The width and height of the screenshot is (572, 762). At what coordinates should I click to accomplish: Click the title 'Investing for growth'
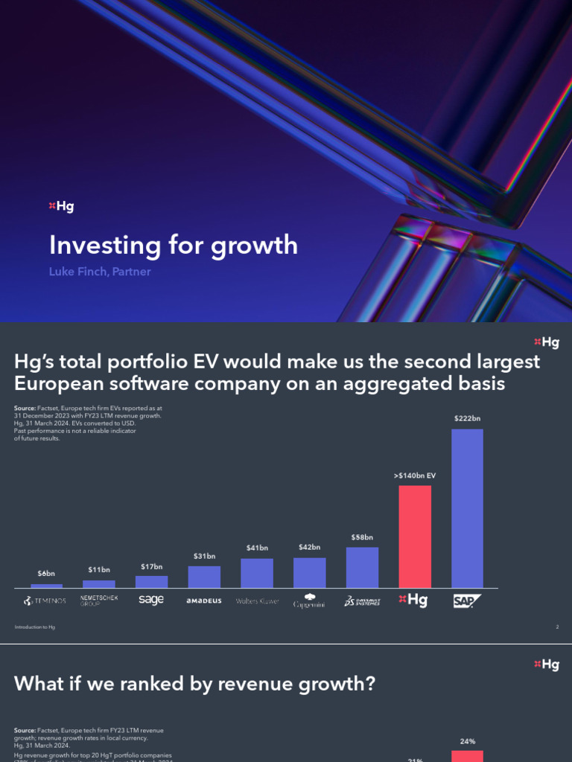(x=173, y=245)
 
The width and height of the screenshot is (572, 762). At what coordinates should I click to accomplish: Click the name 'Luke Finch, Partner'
(x=100, y=272)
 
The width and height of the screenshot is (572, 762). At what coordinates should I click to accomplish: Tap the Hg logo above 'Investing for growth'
(x=61, y=206)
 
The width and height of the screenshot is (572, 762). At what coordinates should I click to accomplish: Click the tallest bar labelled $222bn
(x=467, y=508)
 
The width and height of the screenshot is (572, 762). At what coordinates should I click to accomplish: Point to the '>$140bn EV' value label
(x=415, y=474)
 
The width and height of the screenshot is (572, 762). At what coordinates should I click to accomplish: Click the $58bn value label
(x=362, y=537)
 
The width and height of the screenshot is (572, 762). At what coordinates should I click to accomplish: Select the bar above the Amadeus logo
(x=204, y=577)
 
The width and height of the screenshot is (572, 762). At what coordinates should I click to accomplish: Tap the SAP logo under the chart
(x=467, y=601)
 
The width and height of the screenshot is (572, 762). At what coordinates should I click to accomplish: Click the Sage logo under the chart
(x=151, y=600)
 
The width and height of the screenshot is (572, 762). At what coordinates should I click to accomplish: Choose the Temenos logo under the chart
(x=46, y=601)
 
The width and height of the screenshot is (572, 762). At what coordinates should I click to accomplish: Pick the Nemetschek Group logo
(x=99, y=601)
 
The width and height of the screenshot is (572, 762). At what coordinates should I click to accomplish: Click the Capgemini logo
(x=309, y=601)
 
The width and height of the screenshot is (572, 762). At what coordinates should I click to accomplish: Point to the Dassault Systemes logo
(x=362, y=601)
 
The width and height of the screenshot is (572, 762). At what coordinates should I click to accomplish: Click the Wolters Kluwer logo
(x=257, y=601)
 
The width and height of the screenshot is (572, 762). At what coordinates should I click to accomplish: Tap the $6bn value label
(x=46, y=574)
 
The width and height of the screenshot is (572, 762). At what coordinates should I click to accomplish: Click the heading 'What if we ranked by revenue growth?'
(x=194, y=683)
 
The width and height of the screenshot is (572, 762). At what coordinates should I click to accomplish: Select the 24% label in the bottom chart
(x=467, y=741)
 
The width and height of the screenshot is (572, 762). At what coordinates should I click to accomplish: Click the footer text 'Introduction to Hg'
(x=35, y=627)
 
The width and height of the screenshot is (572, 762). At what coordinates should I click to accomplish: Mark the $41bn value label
(x=257, y=548)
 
